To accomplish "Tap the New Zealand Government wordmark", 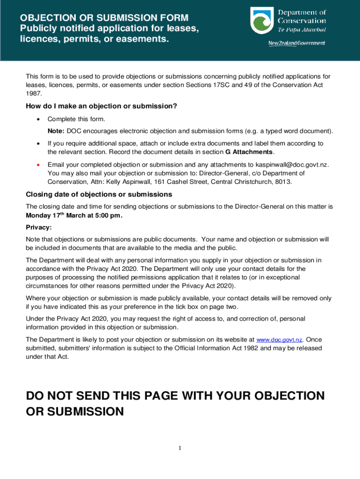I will [296, 44].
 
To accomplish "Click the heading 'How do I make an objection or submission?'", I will [101, 106].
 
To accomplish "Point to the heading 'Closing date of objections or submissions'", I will [99, 194].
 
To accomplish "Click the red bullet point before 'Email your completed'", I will [38, 165].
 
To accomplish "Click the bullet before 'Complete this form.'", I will [38, 119].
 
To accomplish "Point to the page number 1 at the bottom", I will [180, 449].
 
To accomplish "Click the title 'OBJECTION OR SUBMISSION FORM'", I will [104, 18].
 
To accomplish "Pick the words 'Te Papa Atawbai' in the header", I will [302, 29].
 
